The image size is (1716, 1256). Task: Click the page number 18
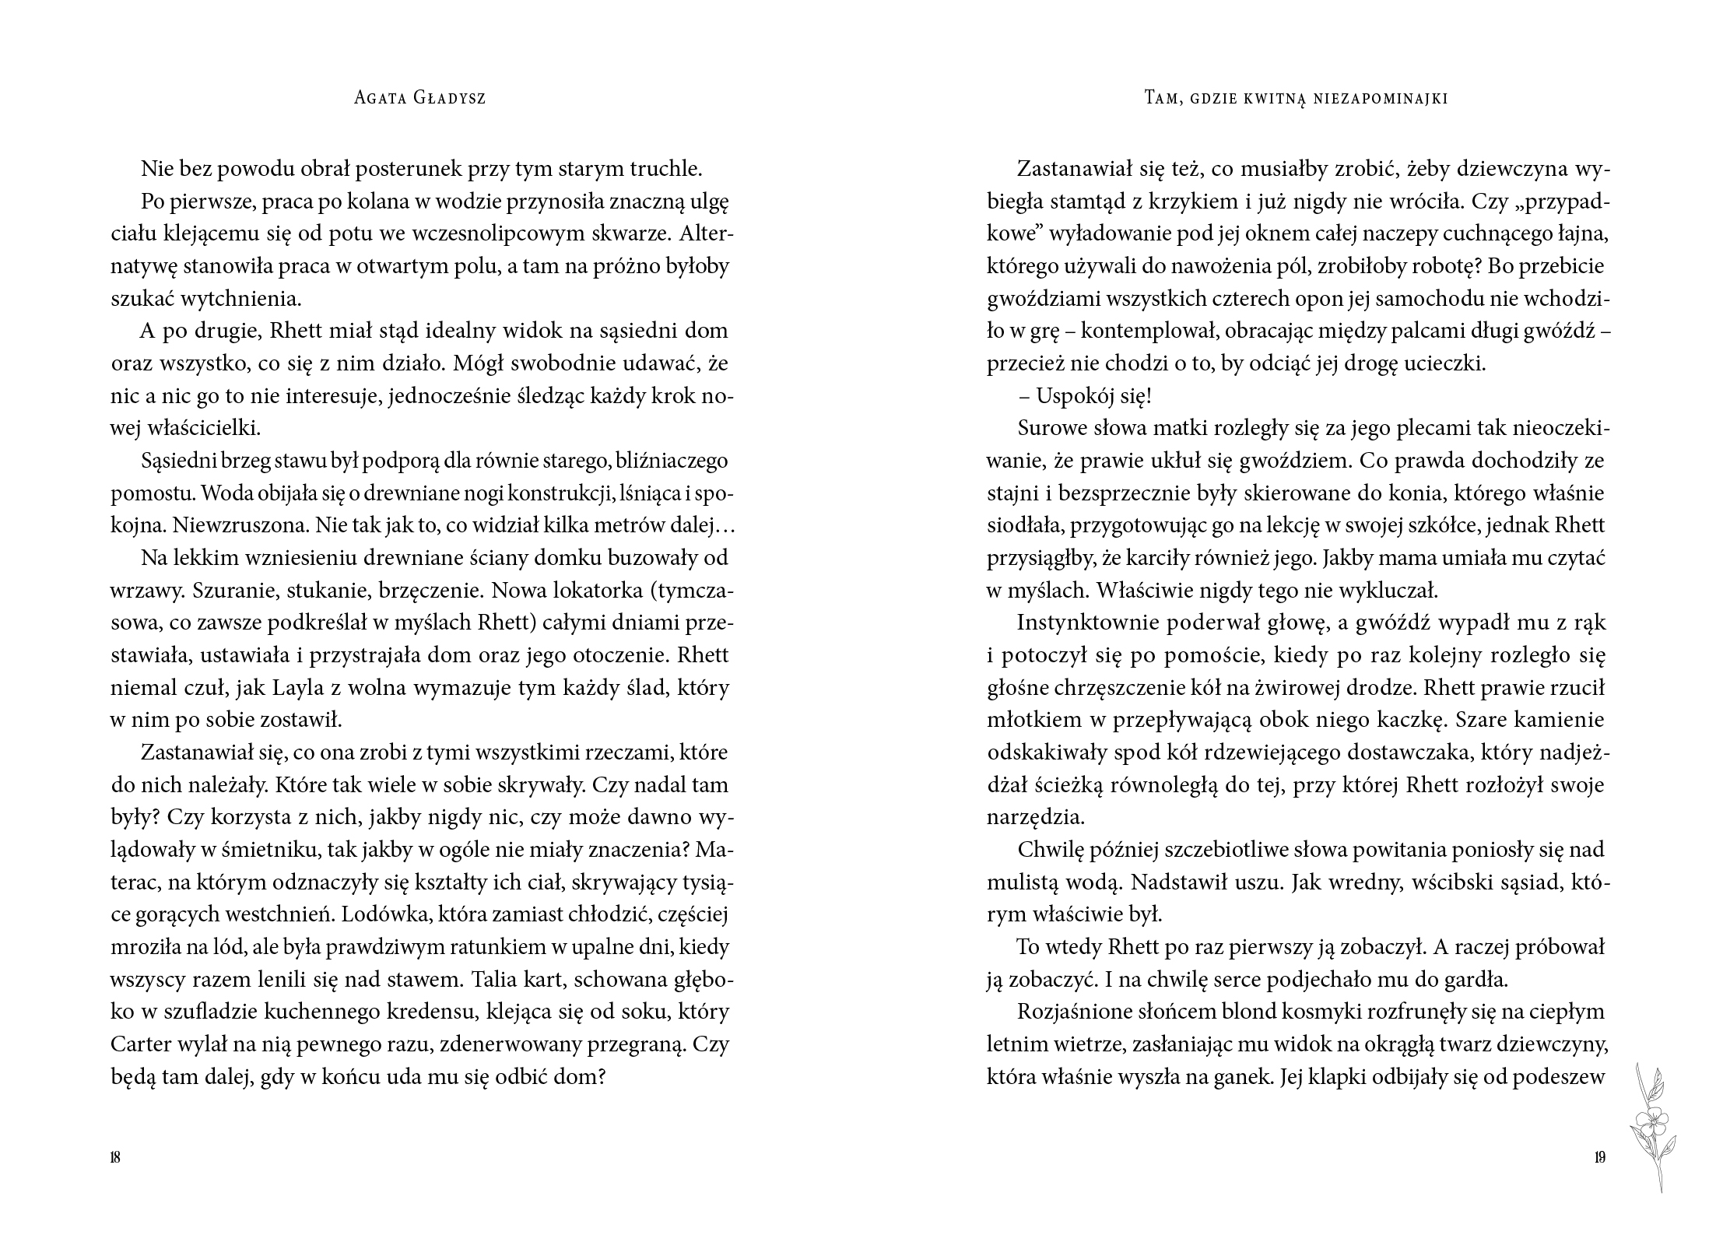[115, 1157]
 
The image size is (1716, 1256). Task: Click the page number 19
[1599, 1157]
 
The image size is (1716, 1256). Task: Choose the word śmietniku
[265, 850]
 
